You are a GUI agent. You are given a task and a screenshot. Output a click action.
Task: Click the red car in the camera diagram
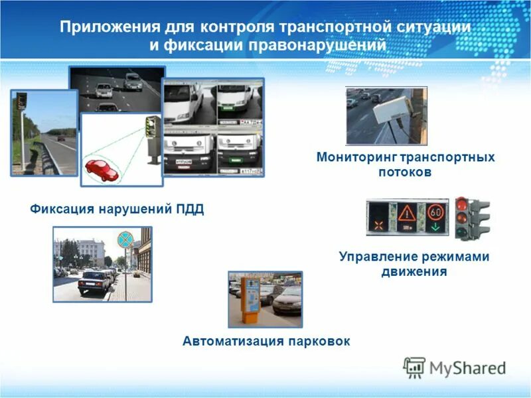tap(101, 169)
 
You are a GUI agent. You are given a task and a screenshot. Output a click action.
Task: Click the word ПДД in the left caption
tap(190, 210)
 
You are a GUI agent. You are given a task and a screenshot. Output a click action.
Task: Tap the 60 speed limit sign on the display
tap(435, 212)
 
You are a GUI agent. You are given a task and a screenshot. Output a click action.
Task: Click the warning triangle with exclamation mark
tap(407, 214)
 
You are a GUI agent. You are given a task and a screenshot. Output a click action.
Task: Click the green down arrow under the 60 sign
tap(435, 228)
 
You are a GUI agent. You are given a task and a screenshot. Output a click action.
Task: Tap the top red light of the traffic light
tap(462, 204)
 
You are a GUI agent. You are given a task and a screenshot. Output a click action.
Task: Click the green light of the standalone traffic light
tap(462, 231)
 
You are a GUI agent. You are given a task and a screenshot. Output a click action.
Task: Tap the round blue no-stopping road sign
tap(125, 239)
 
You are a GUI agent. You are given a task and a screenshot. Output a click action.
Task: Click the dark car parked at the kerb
tap(94, 283)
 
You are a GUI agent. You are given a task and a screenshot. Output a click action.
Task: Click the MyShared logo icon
tap(414, 367)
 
